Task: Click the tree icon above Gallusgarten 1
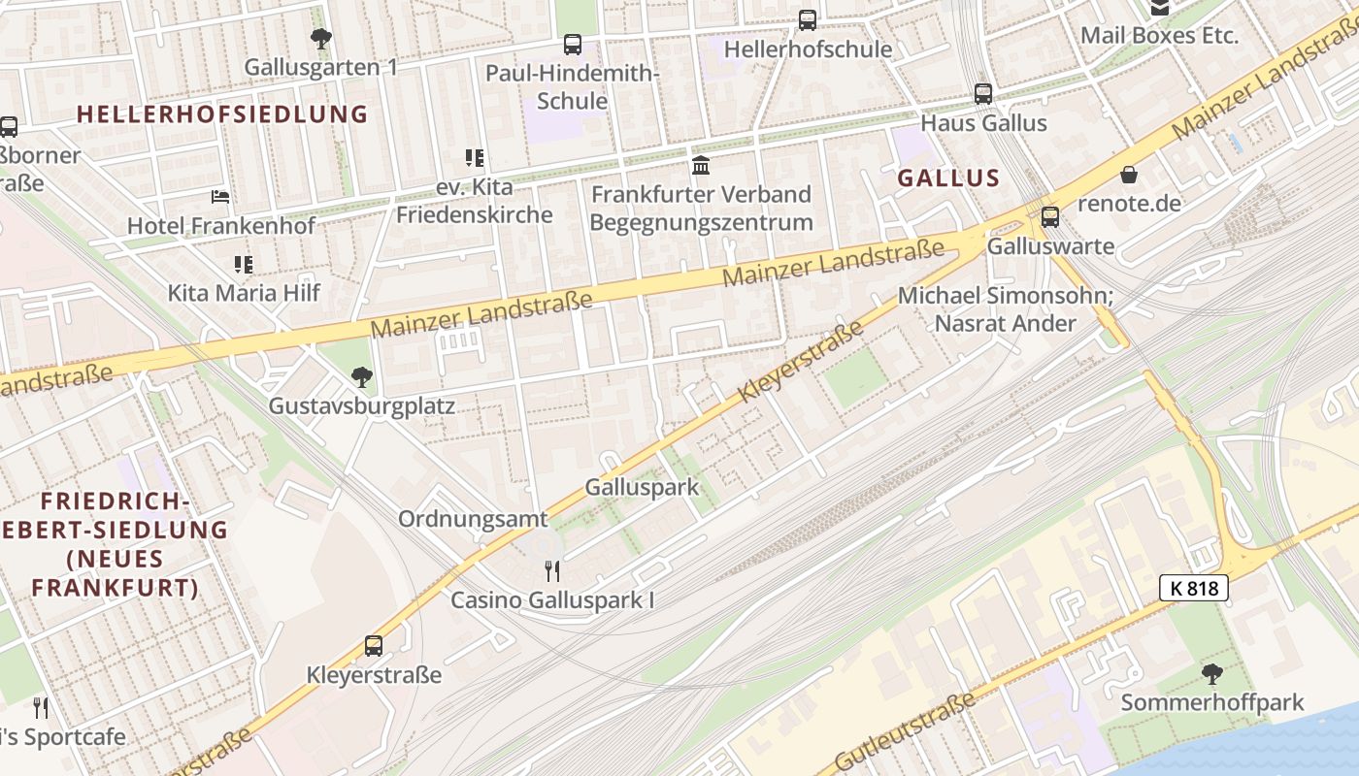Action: point(321,39)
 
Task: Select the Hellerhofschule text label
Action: point(808,48)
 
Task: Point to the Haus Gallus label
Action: point(983,123)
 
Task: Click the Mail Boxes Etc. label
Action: point(1159,36)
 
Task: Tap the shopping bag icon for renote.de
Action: point(1129,176)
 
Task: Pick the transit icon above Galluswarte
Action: point(1049,217)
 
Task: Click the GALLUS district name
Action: point(948,178)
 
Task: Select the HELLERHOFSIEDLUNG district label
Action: point(222,114)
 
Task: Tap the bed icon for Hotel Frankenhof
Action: point(221,197)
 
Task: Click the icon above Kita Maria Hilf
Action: point(243,264)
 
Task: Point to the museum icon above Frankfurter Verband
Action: point(701,165)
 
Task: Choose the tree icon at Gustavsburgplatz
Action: point(361,376)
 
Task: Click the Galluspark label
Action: point(642,487)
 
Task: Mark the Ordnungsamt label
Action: point(473,519)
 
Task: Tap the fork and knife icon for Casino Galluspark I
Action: point(552,570)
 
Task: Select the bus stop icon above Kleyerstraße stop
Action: point(374,646)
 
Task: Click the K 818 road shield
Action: point(1194,587)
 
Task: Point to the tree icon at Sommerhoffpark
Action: point(1211,673)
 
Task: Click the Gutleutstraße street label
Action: point(905,733)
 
